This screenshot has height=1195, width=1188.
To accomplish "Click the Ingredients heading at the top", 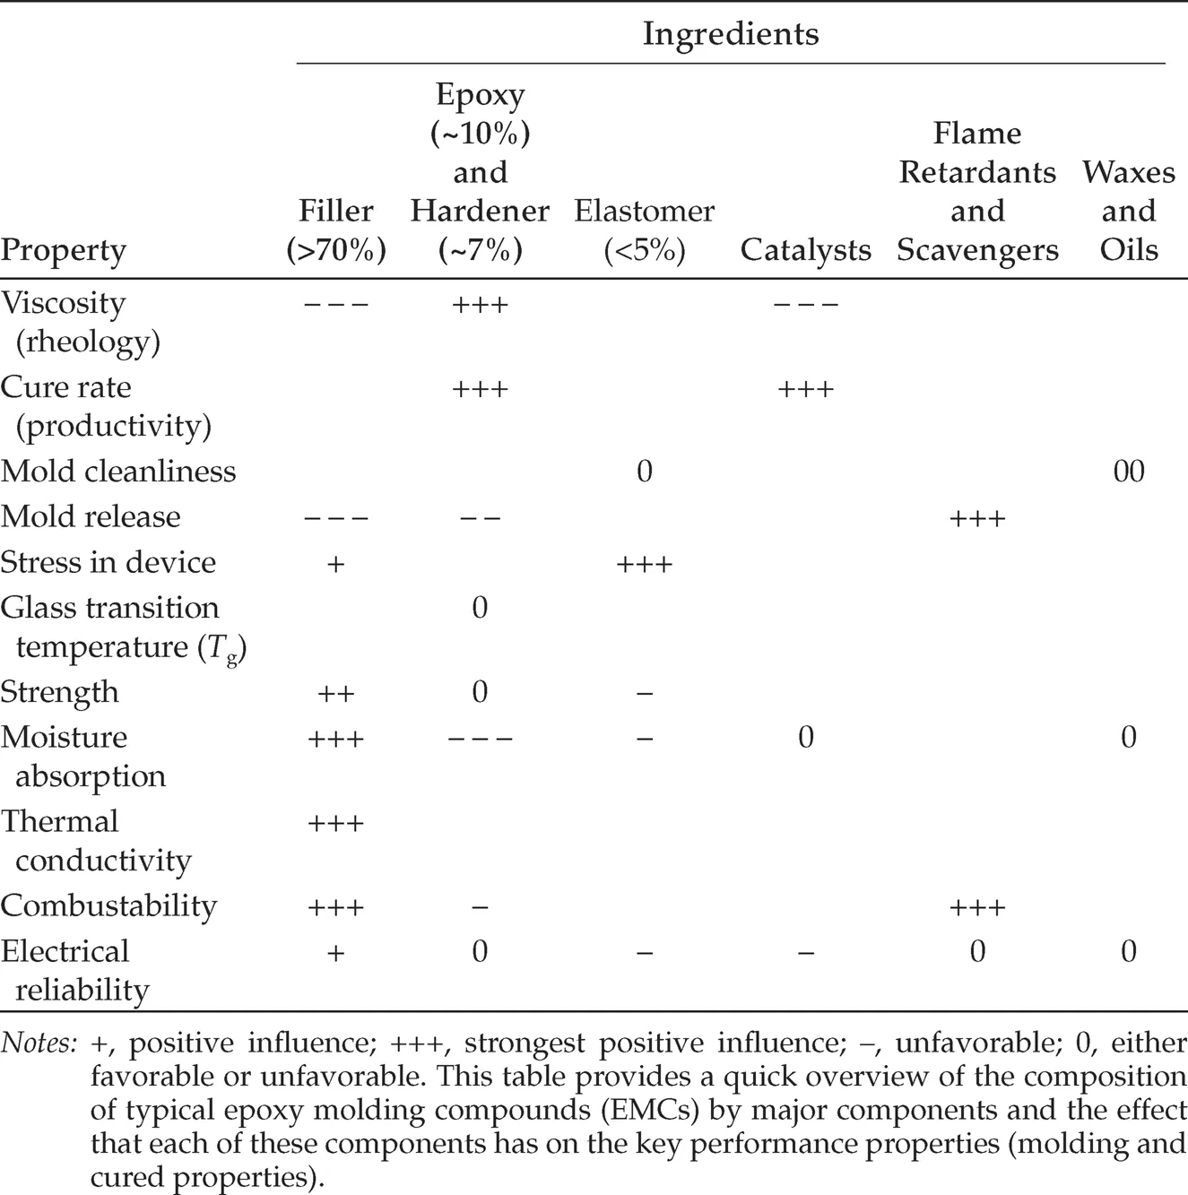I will [730, 34].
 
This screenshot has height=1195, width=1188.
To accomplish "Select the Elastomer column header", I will [644, 230].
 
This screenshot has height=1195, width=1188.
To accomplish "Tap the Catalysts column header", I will [805, 250].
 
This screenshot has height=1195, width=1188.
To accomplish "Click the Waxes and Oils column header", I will [1128, 211].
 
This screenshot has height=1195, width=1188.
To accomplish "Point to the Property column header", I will [63, 250].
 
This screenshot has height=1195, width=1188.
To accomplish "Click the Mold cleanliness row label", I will [118, 471].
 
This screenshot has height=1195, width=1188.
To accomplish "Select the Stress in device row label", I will [108, 562].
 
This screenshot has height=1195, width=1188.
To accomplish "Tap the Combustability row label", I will [108, 905].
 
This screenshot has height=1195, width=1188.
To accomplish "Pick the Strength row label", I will [59, 691].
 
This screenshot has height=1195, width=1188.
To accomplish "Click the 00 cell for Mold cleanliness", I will [1128, 472].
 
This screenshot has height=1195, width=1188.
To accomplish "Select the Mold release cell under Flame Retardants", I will [977, 517].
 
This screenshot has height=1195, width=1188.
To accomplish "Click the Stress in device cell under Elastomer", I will [644, 563].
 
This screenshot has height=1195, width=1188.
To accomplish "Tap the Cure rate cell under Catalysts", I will [805, 388].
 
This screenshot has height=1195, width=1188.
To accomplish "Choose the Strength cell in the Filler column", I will [335, 693].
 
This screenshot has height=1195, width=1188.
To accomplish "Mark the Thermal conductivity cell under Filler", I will [335, 822].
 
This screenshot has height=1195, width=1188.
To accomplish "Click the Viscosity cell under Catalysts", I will [805, 304].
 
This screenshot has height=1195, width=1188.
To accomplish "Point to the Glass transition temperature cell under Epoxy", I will [480, 608].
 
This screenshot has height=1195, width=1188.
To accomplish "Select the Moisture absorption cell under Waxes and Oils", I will [1128, 737].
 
